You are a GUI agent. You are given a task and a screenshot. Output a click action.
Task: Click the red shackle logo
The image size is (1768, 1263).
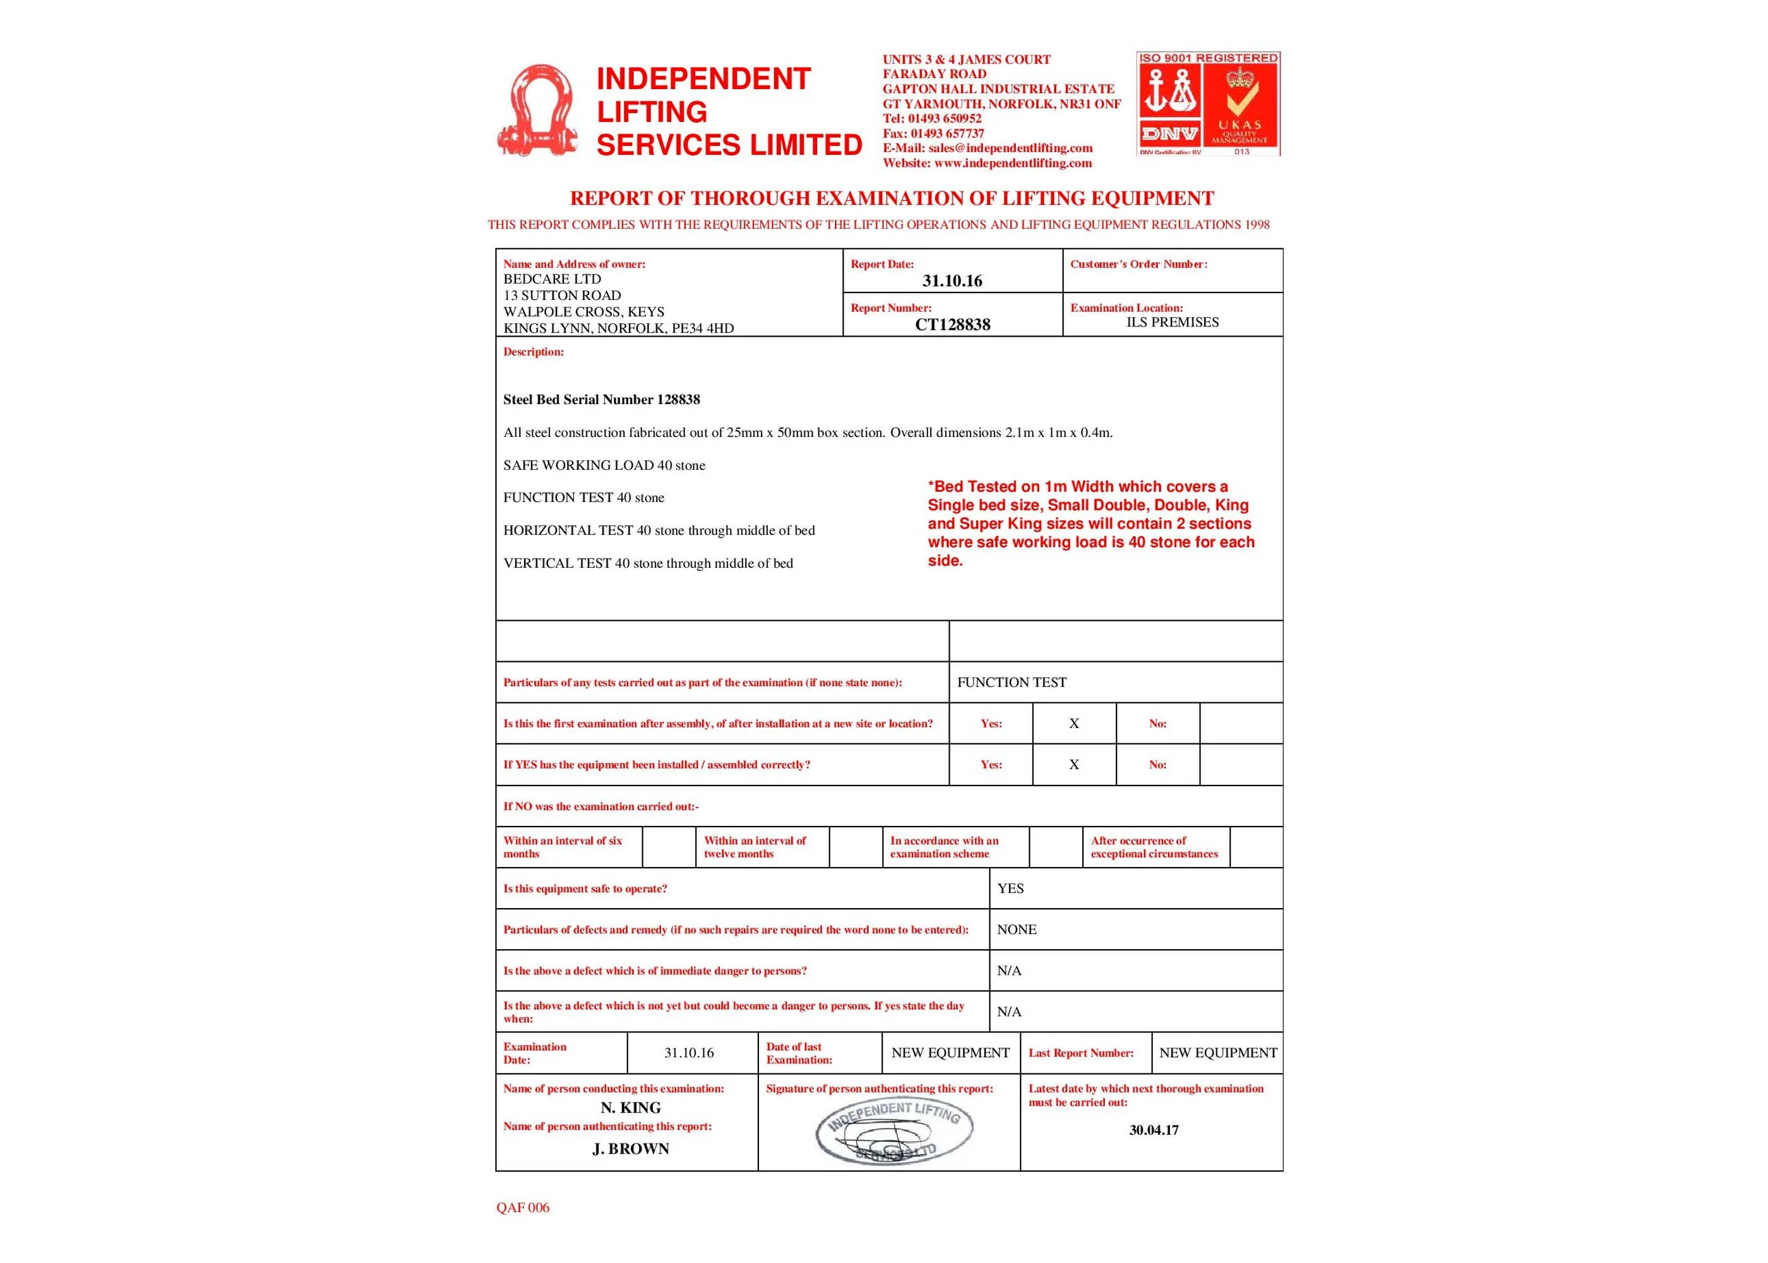(537, 111)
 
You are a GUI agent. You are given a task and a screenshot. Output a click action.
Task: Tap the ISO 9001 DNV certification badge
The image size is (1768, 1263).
(1207, 104)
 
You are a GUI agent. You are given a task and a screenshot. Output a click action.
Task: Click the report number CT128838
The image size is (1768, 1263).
(952, 325)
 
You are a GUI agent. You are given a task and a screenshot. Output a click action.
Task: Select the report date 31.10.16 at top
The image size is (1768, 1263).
(952, 282)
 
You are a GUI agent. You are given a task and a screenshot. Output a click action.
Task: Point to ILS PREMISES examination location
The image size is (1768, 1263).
(1172, 322)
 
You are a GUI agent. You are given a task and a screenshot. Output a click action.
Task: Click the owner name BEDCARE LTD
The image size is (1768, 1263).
(552, 279)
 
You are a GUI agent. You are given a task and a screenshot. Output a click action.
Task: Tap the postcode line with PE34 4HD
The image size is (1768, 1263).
(618, 328)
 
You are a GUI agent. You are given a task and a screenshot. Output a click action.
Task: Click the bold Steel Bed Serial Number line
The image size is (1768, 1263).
(601, 400)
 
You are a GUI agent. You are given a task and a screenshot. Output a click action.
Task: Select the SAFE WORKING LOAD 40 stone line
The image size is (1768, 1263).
(604, 465)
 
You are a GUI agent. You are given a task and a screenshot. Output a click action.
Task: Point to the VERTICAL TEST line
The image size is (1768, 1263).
(648, 563)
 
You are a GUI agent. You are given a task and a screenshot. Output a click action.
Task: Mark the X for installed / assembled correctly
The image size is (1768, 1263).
(1073, 765)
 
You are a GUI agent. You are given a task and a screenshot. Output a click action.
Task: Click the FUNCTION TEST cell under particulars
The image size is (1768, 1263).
(1012, 682)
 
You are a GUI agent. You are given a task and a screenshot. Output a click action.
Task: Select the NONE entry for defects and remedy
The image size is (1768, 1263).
(1016, 930)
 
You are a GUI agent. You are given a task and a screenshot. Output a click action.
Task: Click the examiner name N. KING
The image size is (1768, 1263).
(631, 1108)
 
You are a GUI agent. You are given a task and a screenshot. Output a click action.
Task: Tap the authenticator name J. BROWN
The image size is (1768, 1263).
(631, 1149)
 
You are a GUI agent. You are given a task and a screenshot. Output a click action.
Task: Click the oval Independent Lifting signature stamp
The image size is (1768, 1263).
(894, 1132)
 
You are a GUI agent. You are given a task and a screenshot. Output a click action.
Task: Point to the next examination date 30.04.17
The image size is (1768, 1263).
(1153, 1130)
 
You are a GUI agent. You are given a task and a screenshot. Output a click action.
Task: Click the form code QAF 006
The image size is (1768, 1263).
(522, 1208)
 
